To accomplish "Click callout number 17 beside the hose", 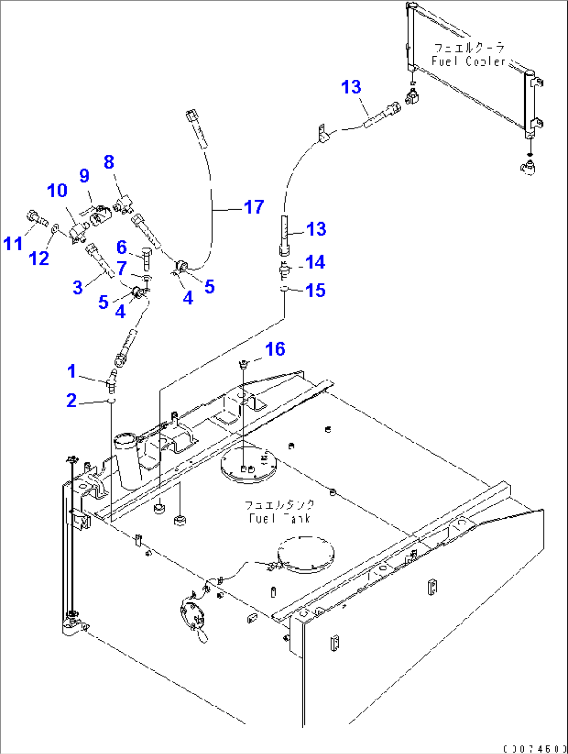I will [x=254, y=207].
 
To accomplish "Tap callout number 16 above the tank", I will [x=275, y=349].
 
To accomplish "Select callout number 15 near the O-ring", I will [x=315, y=290].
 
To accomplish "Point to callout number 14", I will [x=315, y=262].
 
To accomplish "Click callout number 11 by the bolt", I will [x=13, y=243].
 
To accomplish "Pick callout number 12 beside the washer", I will [x=39, y=258].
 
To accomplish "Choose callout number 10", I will [x=57, y=190].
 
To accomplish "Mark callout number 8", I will [x=108, y=162].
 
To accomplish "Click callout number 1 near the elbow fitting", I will [x=72, y=371].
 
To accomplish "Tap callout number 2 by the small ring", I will [x=71, y=400].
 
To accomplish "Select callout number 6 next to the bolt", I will [x=121, y=247].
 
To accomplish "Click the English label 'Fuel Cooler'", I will [x=468, y=61].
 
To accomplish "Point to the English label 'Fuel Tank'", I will [x=280, y=518].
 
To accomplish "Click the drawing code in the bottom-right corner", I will [x=535, y=749].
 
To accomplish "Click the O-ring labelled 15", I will [x=285, y=288].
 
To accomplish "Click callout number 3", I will [x=78, y=287].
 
